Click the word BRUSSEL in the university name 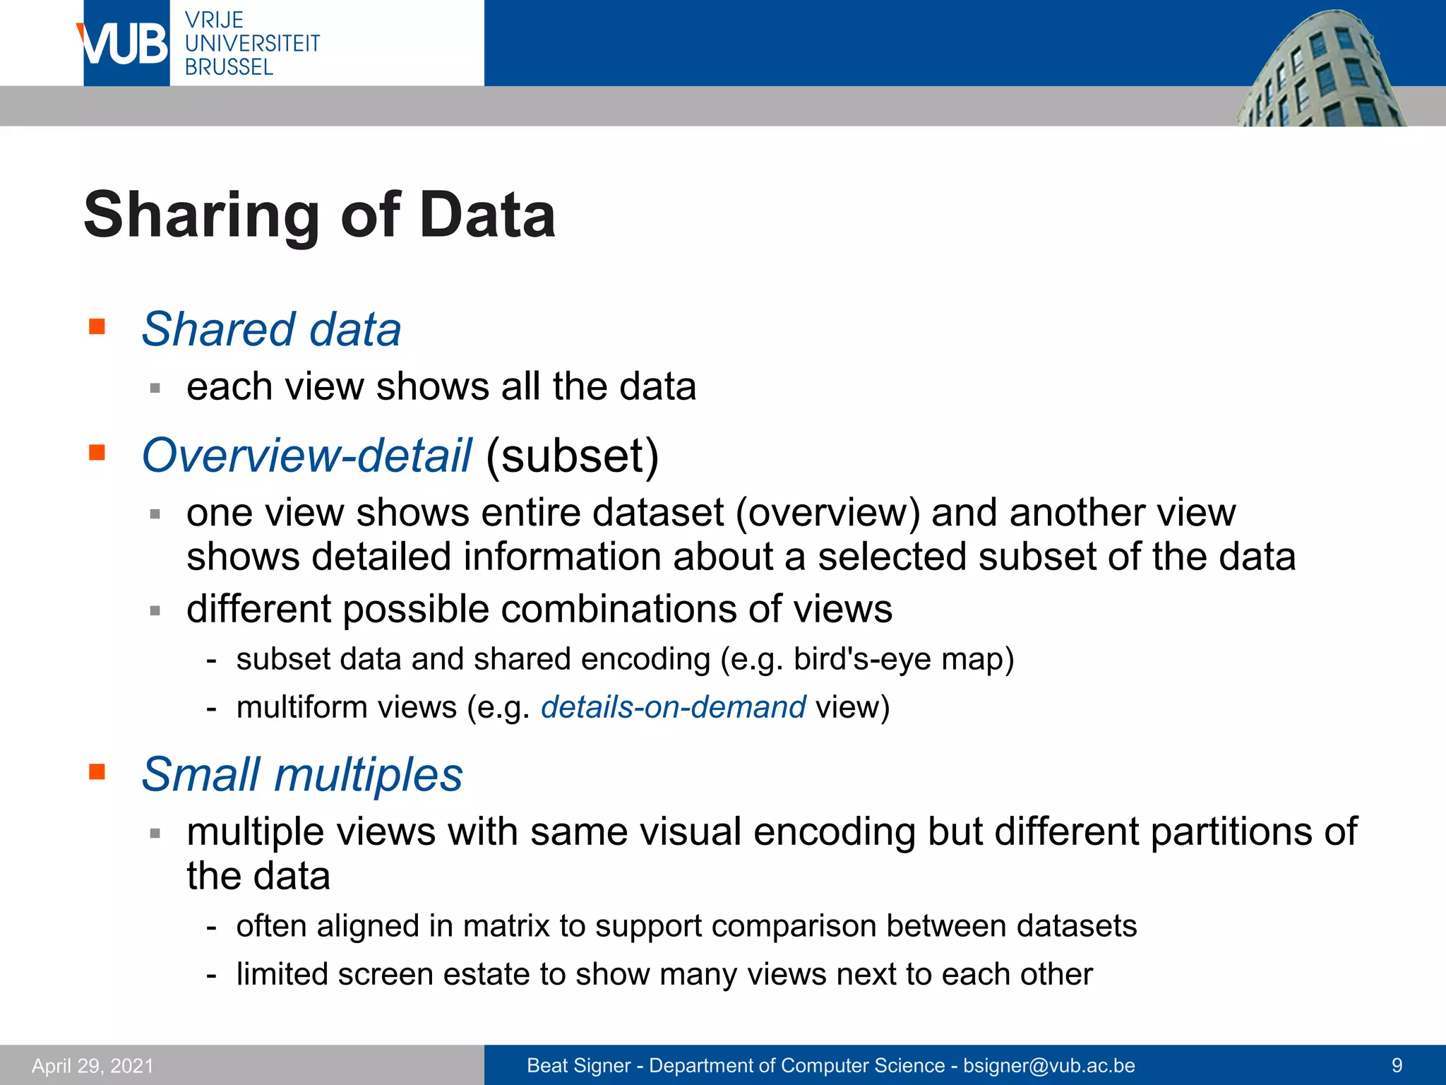[x=229, y=67]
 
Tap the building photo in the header [x=1320, y=71]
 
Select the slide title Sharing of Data [x=319, y=215]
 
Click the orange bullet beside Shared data [x=97, y=326]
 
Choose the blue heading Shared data [x=271, y=329]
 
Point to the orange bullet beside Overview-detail [x=97, y=452]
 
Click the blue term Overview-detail [x=306, y=455]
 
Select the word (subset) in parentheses [x=572, y=455]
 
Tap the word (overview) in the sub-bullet [x=827, y=512]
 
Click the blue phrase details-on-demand [x=673, y=707]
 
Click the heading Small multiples [x=302, y=774]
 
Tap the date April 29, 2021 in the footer [x=92, y=1065]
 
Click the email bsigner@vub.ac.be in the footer [x=1049, y=1065]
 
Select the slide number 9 [x=1397, y=1065]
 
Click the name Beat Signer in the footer [x=578, y=1065]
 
